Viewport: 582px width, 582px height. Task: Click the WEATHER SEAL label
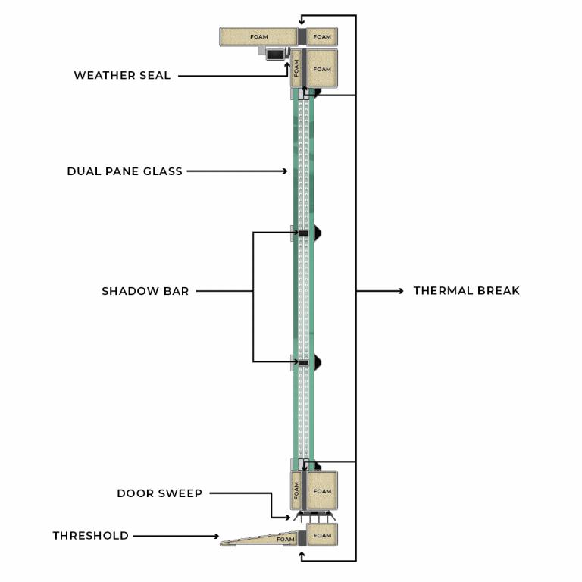[x=122, y=75]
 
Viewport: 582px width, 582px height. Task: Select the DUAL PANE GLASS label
[x=124, y=171]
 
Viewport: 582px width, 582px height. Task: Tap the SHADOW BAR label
[x=145, y=290]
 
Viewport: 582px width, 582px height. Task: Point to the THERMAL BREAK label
[x=466, y=290]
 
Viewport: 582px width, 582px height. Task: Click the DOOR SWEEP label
[x=159, y=493]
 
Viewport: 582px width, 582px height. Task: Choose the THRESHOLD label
[x=90, y=536]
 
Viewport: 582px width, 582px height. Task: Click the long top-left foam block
[x=258, y=36]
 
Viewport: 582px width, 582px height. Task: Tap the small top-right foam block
[x=322, y=36]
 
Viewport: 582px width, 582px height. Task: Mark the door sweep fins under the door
[x=312, y=518]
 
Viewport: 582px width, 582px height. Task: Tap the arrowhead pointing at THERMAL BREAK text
[x=401, y=290]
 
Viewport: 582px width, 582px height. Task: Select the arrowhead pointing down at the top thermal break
[x=301, y=19]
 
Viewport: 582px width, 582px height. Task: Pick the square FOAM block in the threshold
[x=322, y=536]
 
